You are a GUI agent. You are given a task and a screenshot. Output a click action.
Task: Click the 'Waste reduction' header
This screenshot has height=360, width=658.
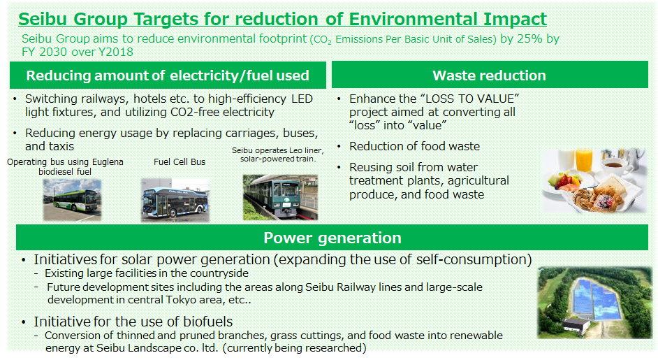tap(489, 75)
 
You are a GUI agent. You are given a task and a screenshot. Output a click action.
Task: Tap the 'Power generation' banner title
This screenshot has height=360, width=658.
tap(332, 238)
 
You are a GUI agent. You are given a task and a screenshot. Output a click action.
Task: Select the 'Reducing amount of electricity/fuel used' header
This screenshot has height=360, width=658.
tap(168, 75)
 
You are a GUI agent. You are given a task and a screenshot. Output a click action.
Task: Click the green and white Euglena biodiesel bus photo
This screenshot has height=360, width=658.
tap(72, 200)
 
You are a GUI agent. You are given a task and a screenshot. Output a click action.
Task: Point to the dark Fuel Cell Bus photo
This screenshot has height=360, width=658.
tap(175, 200)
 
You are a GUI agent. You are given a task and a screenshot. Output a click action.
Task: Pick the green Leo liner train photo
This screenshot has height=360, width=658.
tap(280, 197)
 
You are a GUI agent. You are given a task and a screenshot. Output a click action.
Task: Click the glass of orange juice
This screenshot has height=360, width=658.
tap(584, 160)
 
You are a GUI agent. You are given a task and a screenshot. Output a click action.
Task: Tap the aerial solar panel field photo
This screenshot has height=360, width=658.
tap(594, 303)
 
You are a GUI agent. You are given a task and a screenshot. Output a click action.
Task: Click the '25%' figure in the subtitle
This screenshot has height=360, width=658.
tap(529, 38)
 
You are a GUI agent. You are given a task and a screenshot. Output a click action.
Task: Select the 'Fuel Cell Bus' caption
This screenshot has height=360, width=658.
tap(180, 161)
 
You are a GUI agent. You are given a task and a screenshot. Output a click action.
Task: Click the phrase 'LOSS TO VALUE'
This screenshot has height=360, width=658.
tap(469, 99)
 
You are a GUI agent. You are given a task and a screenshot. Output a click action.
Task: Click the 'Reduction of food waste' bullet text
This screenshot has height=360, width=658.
tap(415, 146)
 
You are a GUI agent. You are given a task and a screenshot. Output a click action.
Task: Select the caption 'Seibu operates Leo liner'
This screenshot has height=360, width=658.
tap(278, 150)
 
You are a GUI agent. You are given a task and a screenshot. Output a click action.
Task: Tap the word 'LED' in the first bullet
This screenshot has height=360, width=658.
tap(302, 99)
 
